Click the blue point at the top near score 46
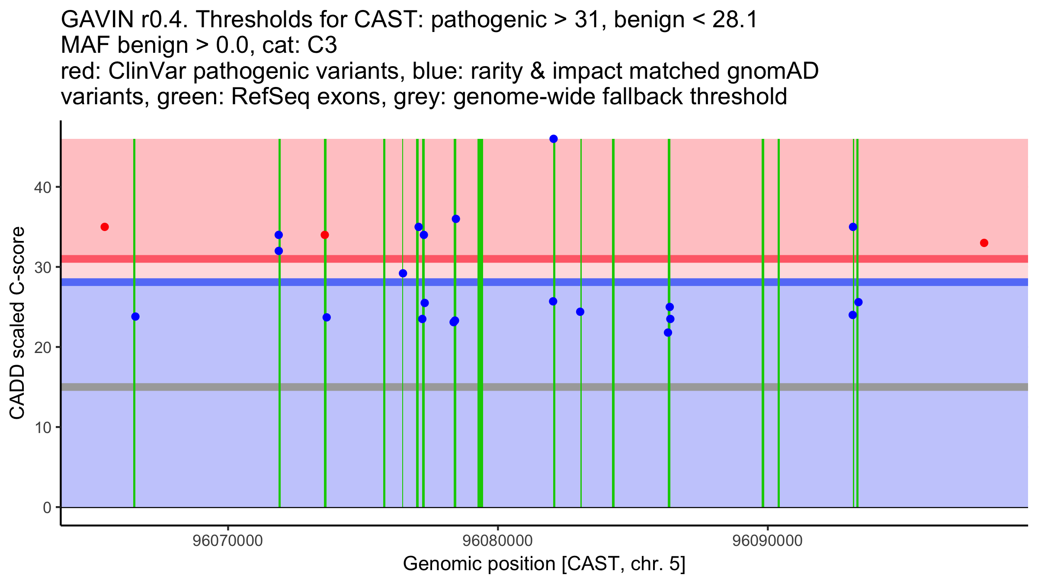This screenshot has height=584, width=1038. click(x=554, y=139)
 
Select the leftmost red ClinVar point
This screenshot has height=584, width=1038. click(x=105, y=227)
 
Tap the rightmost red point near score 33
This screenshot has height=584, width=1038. click(x=984, y=243)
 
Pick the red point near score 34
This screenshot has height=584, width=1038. click(x=325, y=235)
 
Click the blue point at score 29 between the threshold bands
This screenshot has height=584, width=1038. click(x=403, y=273)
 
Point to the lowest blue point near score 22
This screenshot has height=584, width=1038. click(x=668, y=333)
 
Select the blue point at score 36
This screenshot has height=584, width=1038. click(x=456, y=219)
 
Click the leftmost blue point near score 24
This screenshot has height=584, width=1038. click(x=135, y=317)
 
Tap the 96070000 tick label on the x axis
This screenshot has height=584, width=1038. click(x=227, y=541)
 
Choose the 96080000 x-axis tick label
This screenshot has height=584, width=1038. click(x=498, y=541)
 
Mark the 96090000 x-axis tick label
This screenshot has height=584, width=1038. click(x=768, y=541)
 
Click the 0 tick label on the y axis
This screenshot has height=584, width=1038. click(x=47, y=507)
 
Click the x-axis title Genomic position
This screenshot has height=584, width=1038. click(x=544, y=564)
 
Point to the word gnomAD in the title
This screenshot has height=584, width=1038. click(x=773, y=71)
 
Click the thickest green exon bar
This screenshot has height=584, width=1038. click(x=480, y=323)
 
